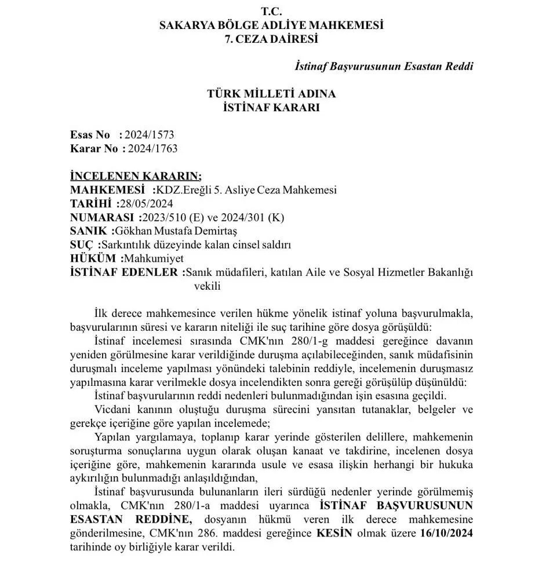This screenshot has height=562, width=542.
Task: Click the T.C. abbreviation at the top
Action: (271, 11)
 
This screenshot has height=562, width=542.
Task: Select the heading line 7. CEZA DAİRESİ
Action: (271, 39)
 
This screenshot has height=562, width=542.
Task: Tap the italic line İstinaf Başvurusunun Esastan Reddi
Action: (384, 66)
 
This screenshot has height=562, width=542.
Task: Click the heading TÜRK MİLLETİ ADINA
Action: (271, 94)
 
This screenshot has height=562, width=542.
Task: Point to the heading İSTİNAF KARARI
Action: (271, 107)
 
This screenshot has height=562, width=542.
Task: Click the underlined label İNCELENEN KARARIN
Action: (136, 176)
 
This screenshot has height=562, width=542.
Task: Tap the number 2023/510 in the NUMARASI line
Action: (161, 217)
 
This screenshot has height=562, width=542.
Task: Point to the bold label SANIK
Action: (89, 231)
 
